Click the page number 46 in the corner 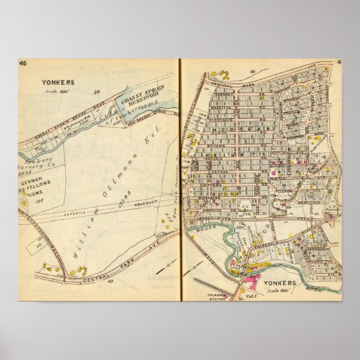pos(22,65)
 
